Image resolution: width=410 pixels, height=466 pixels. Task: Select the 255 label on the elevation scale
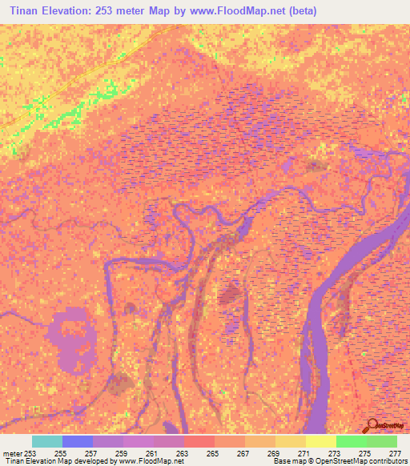(x=60, y=453)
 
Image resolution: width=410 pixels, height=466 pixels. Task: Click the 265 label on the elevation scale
(x=212, y=453)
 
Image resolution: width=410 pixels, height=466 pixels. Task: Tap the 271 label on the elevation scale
(x=304, y=453)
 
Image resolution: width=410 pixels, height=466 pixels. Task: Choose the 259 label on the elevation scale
(x=121, y=453)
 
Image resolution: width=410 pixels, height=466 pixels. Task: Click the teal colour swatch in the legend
(x=46, y=441)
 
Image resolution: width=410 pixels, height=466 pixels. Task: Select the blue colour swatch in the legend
(x=77, y=441)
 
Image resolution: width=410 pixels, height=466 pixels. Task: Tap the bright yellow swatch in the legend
(x=320, y=441)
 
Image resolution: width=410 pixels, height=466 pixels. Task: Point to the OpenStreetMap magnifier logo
(x=372, y=425)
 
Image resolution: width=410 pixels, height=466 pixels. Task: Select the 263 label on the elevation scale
(x=182, y=453)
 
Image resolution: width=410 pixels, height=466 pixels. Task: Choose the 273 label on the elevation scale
(x=335, y=453)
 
